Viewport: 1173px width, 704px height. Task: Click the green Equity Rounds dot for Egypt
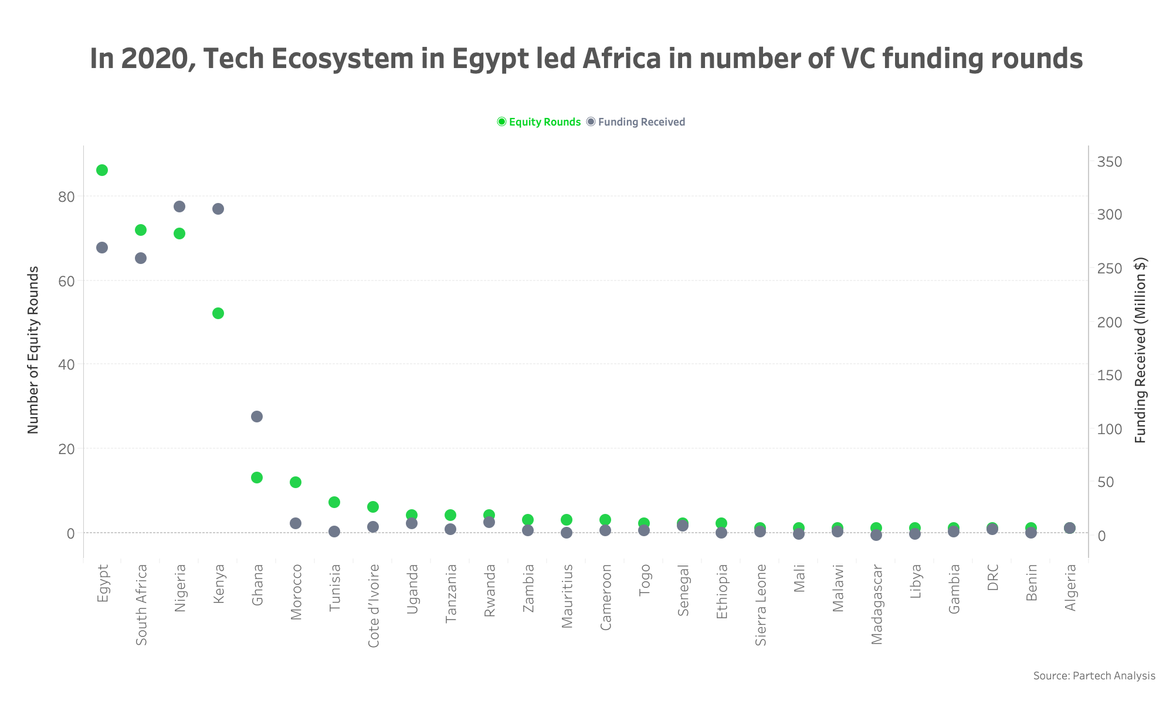(x=102, y=170)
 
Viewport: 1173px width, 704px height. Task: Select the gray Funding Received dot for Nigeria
(x=179, y=207)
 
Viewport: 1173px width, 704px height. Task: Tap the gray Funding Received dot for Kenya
(x=218, y=209)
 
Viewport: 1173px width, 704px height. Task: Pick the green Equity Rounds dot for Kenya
(x=218, y=313)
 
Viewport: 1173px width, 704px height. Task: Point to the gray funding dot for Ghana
(x=257, y=417)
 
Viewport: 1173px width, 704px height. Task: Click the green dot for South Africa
(x=141, y=230)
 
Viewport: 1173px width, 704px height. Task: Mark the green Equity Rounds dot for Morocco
(x=296, y=482)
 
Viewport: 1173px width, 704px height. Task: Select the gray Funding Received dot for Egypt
(x=102, y=248)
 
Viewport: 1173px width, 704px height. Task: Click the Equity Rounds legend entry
(x=539, y=122)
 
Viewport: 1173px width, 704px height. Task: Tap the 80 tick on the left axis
(x=66, y=197)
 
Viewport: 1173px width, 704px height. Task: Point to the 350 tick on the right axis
(x=1110, y=162)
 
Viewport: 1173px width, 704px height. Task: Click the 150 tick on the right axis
(x=1110, y=375)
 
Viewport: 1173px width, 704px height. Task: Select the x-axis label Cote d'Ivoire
(x=374, y=605)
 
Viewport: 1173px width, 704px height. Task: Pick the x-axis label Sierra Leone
(x=761, y=604)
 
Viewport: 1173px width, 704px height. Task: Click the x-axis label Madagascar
(x=877, y=604)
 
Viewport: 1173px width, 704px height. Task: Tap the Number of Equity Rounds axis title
(x=33, y=350)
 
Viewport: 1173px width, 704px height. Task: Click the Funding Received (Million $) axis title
(x=1140, y=350)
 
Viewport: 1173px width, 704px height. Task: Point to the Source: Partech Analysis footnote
(x=1094, y=676)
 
